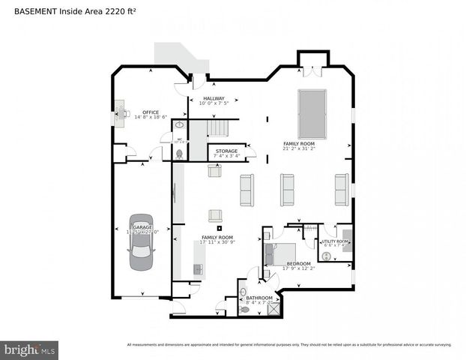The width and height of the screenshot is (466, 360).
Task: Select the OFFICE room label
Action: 151,112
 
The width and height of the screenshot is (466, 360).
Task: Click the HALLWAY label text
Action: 214,98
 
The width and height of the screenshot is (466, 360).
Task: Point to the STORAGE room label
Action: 226,151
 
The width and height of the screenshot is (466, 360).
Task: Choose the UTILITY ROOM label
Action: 335,241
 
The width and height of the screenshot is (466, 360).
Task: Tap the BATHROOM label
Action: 259,298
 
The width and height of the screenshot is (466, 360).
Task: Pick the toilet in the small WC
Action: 178,154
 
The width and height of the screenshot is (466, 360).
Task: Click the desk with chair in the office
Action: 121,116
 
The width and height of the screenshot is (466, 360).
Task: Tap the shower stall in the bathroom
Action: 273,307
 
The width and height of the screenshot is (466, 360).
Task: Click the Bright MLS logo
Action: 29,349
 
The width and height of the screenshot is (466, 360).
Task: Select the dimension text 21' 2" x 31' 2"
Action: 299,148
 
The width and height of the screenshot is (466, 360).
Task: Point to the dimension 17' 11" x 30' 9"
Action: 217,242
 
